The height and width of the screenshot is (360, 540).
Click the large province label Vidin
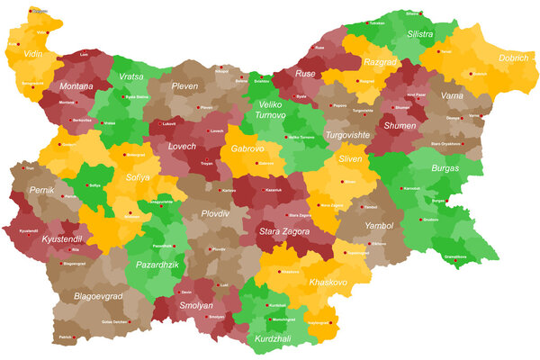point(32,54)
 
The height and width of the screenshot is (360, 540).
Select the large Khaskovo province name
point(328,282)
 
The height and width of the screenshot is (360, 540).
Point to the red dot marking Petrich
point(75,337)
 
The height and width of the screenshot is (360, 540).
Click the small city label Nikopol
point(222,70)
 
